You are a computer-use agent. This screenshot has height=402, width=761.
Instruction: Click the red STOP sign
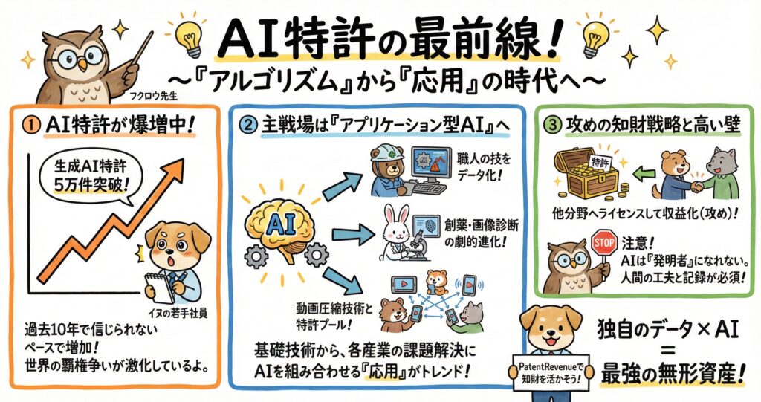click(604, 241)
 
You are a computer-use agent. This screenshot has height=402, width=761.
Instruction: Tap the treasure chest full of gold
click(587, 172)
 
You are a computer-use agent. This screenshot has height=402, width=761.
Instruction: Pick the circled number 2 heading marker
click(249, 126)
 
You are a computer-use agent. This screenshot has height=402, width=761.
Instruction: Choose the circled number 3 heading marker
click(552, 126)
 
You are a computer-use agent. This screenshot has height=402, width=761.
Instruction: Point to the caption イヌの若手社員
click(177, 313)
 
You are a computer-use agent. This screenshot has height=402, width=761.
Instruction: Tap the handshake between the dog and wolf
click(697, 186)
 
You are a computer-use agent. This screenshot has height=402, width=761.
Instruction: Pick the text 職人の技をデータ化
click(477, 166)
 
